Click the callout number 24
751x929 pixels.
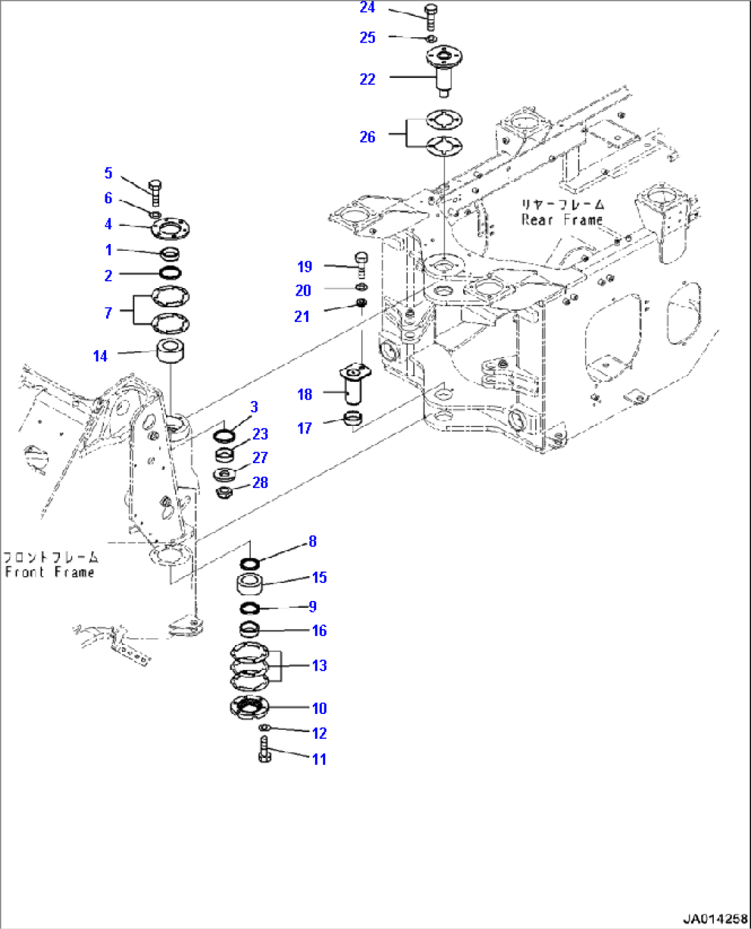point(367,8)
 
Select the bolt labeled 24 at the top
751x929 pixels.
point(431,17)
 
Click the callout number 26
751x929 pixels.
point(367,137)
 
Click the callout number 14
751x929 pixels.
point(101,356)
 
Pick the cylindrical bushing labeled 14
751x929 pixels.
point(170,351)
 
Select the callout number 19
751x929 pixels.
point(305,267)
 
